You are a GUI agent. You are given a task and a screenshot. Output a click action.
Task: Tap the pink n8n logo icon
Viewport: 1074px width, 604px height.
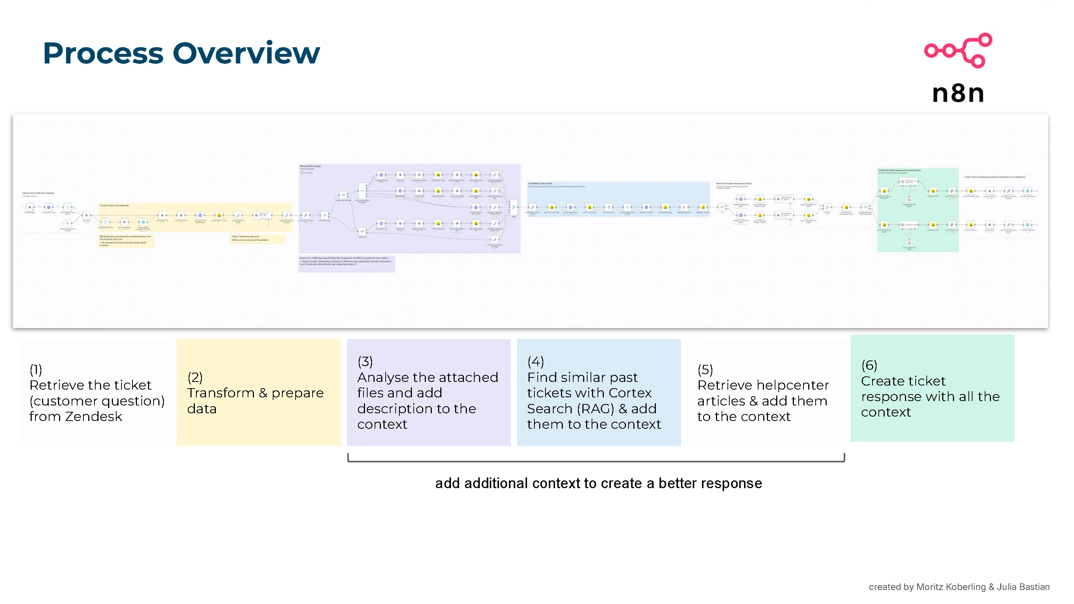point(958,51)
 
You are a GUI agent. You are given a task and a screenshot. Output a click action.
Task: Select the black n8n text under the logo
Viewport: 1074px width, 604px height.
point(958,93)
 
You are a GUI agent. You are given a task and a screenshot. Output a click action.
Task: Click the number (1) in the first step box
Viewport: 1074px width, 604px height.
point(36,369)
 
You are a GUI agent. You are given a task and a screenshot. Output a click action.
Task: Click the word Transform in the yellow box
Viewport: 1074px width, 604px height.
point(221,393)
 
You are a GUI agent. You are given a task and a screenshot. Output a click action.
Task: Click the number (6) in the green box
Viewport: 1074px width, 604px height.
point(869,365)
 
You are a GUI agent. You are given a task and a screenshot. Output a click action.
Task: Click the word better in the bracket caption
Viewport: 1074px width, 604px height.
point(677,484)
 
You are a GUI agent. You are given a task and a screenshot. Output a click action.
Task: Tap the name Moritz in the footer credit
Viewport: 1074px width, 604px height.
point(929,587)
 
